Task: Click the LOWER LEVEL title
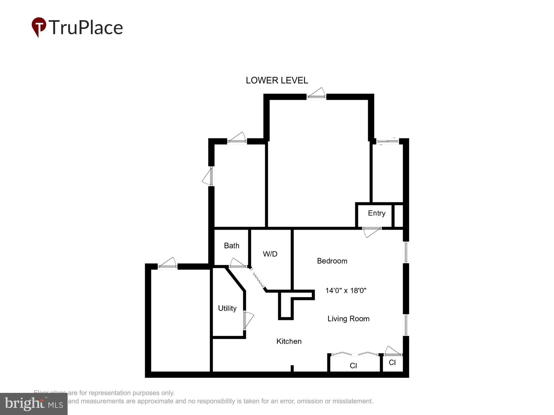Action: [277, 81]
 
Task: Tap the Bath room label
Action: [232, 246]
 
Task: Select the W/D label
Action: [270, 254]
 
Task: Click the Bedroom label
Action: [332, 261]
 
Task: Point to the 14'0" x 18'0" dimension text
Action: [346, 290]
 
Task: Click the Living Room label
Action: [348, 319]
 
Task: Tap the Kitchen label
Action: [289, 341]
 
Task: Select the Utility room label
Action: [227, 308]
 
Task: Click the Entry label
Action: [376, 213]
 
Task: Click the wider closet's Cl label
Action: [353, 366]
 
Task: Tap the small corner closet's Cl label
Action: [392, 363]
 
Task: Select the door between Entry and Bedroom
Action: [371, 231]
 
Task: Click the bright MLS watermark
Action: [34, 404]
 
